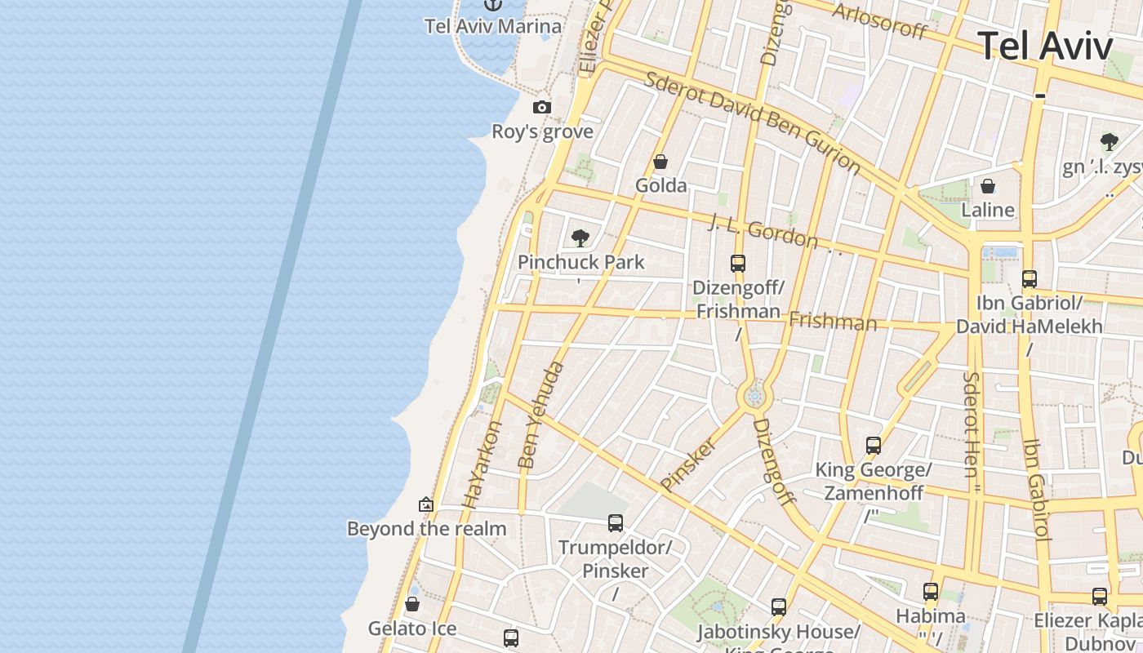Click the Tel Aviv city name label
click(x=1044, y=46)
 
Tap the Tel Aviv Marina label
click(x=493, y=26)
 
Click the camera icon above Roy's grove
click(x=541, y=107)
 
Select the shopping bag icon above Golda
click(x=660, y=162)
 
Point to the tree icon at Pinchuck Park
click(x=580, y=238)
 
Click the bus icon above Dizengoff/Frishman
click(x=738, y=263)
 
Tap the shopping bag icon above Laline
click(x=988, y=186)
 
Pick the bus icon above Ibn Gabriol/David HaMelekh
click(x=1030, y=278)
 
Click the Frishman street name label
click(x=833, y=321)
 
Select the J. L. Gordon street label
click(x=763, y=230)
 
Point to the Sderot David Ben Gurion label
click(x=752, y=122)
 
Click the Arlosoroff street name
click(x=879, y=21)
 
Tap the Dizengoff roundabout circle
click(x=754, y=397)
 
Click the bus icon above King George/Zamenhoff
click(x=874, y=446)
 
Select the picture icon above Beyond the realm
click(x=425, y=504)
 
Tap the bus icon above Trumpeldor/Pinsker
click(x=616, y=522)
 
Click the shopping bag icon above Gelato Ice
click(x=412, y=604)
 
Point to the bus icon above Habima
click(x=931, y=592)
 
